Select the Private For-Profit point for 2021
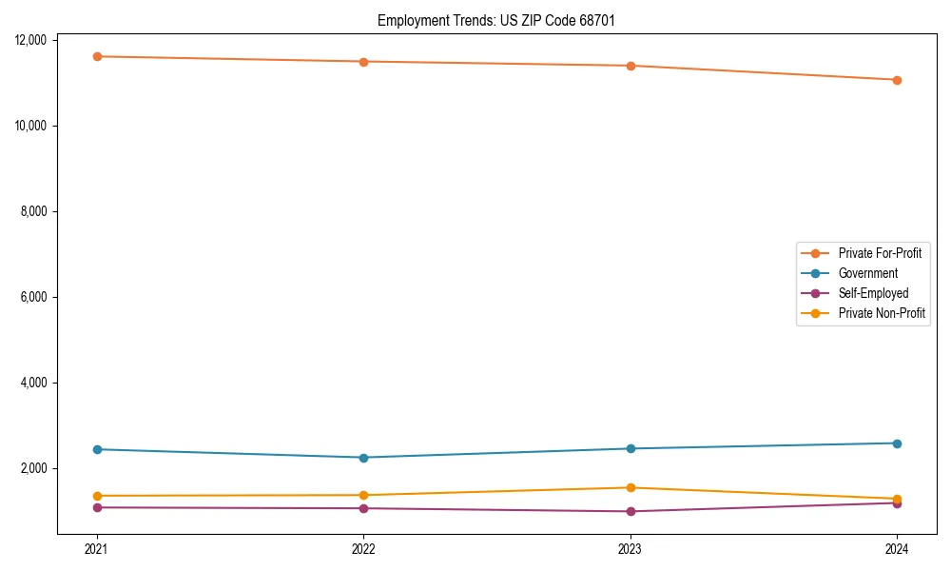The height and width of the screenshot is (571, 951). [x=97, y=56]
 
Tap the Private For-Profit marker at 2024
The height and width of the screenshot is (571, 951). [x=897, y=80]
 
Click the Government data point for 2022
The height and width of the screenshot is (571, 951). [x=363, y=458]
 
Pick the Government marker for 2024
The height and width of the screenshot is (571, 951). [x=897, y=443]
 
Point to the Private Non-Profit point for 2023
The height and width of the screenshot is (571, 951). [x=631, y=488]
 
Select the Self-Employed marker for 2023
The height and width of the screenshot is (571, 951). [x=631, y=511]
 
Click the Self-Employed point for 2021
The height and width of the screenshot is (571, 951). [x=97, y=507]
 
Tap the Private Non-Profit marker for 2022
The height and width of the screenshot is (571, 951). [x=363, y=495]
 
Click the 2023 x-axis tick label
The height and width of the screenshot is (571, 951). [x=631, y=549]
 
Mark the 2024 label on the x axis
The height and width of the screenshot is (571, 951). [x=897, y=549]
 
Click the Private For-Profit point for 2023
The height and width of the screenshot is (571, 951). [x=631, y=66]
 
